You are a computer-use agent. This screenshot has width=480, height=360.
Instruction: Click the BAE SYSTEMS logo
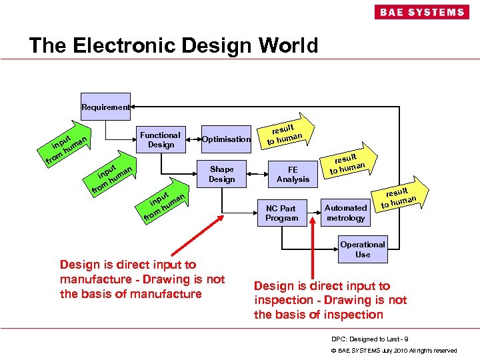point(422,12)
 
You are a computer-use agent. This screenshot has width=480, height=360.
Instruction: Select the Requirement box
point(105,107)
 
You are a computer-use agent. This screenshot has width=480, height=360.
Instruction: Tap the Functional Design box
point(161,139)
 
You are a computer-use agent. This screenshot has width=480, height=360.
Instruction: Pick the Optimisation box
point(226,139)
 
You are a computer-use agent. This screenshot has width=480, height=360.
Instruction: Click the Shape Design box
point(221,174)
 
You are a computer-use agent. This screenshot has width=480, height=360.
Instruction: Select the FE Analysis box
point(293,174)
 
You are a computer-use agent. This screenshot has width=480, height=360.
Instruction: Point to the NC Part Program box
point(281,213)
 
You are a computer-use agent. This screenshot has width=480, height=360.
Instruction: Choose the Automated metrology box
point(346,213)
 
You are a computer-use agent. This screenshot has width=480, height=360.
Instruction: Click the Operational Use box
point(363,249)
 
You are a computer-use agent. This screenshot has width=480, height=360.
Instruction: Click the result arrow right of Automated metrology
point(399,196)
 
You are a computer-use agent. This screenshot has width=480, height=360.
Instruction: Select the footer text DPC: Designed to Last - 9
point(371,339)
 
